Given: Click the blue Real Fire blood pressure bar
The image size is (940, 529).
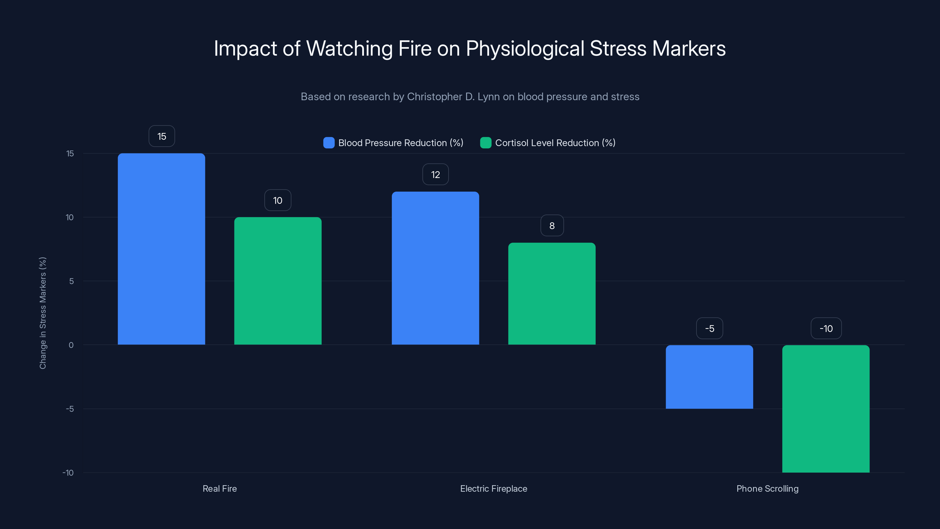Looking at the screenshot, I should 161,249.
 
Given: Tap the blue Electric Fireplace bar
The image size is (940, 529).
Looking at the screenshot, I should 435,268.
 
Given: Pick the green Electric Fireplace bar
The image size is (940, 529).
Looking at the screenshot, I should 552,294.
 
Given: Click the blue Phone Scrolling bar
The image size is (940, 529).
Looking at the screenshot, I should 709,377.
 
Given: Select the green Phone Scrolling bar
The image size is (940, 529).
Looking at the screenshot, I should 826,409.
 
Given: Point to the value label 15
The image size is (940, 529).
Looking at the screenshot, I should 162,136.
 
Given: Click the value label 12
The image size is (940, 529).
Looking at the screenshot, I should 435,175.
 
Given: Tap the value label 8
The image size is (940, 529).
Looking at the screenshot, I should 552,226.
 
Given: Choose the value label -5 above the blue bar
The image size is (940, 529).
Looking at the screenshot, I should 709,329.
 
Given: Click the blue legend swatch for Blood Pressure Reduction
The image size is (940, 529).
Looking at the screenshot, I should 329,143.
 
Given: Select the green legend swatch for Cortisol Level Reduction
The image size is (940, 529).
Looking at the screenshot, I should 486,143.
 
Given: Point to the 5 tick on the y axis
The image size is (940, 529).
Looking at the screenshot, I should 71,281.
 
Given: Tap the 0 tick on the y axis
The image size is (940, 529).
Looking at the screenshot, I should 71,345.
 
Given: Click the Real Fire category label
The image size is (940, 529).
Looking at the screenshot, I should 220,488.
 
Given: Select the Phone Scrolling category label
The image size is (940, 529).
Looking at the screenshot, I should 767,488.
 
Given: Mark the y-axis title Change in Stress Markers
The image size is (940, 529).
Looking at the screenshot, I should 43,313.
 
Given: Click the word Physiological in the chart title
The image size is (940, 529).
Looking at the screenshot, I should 525,48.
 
